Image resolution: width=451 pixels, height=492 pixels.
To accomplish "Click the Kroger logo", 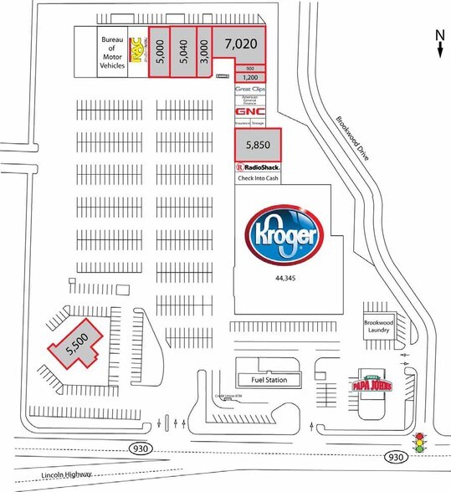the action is click(281, 233).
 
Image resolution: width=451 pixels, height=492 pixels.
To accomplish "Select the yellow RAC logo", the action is click(138, 51).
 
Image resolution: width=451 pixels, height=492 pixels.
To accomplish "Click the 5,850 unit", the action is click(256, 145).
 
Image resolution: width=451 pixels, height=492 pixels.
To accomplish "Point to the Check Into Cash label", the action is click(256, 178).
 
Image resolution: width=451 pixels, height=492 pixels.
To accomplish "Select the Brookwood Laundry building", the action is click(378, 326).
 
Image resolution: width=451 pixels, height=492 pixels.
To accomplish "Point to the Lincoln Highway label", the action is click(66, 475).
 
